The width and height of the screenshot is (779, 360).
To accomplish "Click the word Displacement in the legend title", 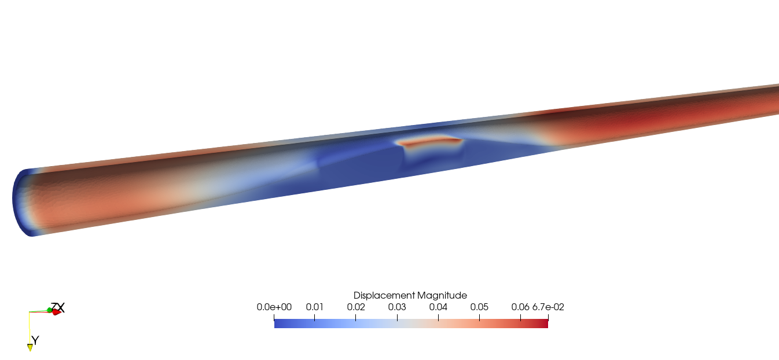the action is [384, 295].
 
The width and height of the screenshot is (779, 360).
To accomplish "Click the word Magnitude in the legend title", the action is [442, 296].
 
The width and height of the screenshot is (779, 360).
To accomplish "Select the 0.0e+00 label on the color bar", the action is [274, 307].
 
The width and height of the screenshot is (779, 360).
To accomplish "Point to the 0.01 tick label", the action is [314, 307].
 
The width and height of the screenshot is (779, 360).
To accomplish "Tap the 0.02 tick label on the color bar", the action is [356, 307].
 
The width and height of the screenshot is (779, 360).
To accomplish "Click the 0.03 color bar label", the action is [397, 307].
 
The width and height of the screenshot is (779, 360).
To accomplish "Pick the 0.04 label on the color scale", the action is [438, 307].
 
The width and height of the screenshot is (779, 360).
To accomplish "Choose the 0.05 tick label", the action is [479, 307].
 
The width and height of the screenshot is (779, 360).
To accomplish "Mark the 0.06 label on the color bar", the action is [520, 307].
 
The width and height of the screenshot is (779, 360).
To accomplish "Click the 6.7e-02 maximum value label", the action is [548, 307].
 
